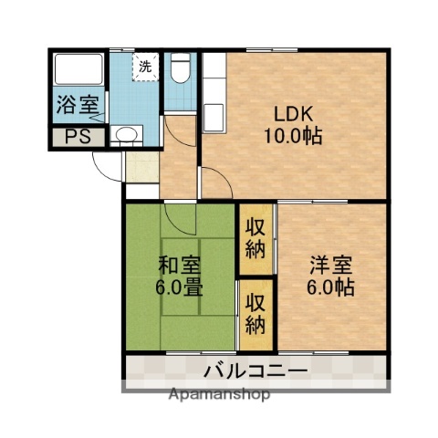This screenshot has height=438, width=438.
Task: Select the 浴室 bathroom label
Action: (x=77, y=104)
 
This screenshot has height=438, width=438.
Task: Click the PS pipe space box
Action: (x=76, y=138)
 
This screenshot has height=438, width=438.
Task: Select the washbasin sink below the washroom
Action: (x=126, y=137)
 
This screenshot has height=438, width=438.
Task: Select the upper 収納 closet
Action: (x=255, y=238)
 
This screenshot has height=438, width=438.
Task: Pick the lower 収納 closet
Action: (x=255, y=313)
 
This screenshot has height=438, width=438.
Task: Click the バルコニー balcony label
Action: (x=255, y=370)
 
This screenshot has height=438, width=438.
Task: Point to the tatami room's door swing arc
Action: (x=181, y=219)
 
